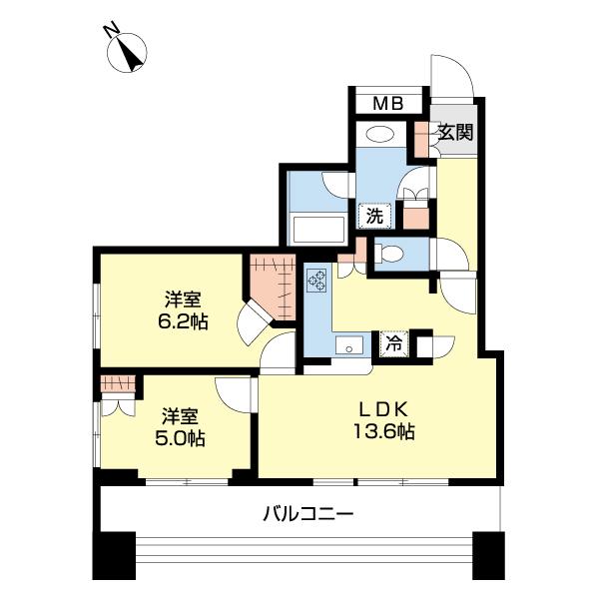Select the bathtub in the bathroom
pos(316,229)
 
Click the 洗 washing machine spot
pos(373,215)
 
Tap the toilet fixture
pos(390,255)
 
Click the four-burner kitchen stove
pos(318,282)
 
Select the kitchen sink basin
pos(349,346)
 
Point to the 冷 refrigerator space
pos(395,344)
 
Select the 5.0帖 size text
pos(178,437)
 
